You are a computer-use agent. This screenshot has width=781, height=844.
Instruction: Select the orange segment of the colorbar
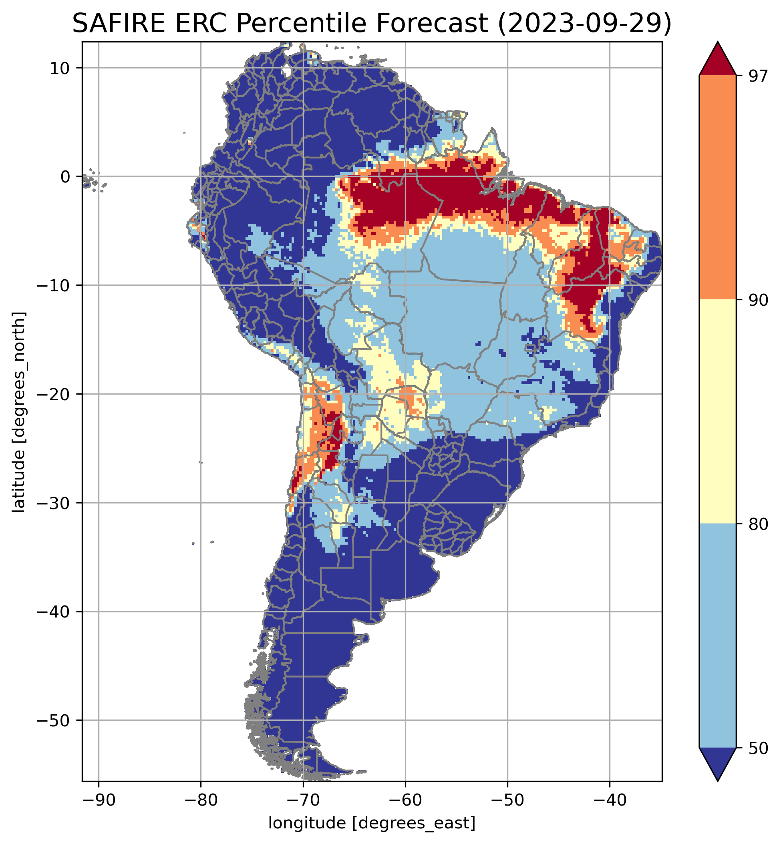[718, 188]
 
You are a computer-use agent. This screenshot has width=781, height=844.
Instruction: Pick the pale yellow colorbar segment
[718, 412]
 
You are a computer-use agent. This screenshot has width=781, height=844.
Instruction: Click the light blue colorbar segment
[718, 636]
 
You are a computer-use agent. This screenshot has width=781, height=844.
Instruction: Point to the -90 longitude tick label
[99, 800]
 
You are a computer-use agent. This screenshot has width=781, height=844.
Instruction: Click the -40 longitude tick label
[610, 800]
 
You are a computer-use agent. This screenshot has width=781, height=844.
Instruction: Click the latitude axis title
[19, 412]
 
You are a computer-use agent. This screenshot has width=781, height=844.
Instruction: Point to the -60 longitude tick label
[405, 800]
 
